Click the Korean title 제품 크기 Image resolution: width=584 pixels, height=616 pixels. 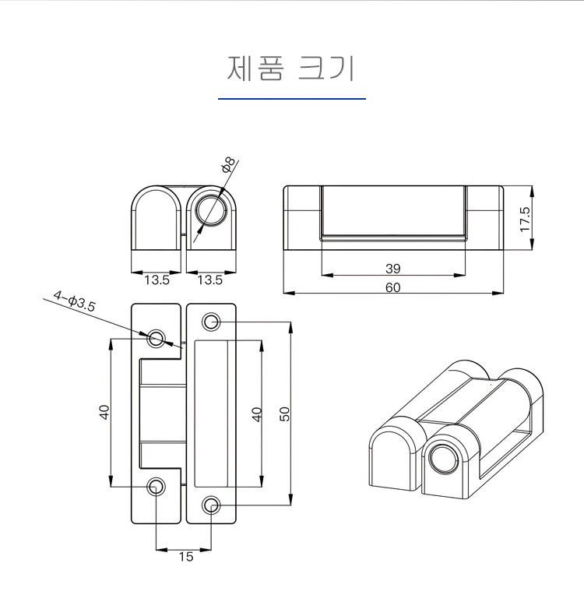click(x=291, y=68)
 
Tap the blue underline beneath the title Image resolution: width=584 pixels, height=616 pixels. click(x=291, y=99)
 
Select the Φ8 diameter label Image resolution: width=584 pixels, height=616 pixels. click(x=227, y=164)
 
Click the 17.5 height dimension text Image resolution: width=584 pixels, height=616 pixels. click(x=525, y=219)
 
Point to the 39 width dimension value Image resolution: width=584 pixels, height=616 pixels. click(x=392, y=269)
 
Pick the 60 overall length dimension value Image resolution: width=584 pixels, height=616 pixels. click(x=392, y=287)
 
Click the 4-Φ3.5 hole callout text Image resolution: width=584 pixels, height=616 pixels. click(x=74, y=301)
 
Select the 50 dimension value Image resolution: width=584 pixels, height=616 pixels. click(x=285, y=414)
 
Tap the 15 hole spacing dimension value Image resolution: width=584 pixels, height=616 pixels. click(x=185, y=556)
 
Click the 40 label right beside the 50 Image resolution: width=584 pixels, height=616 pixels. click(x=257, y=414)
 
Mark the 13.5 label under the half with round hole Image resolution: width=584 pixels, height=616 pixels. click(x=209, y=280)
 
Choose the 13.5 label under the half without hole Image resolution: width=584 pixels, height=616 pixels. click(x=157, y=280)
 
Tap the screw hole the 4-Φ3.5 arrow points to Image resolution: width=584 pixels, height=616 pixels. click(x=157, y=338)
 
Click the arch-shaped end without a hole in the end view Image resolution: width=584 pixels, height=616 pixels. click(x=155, y=218)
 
